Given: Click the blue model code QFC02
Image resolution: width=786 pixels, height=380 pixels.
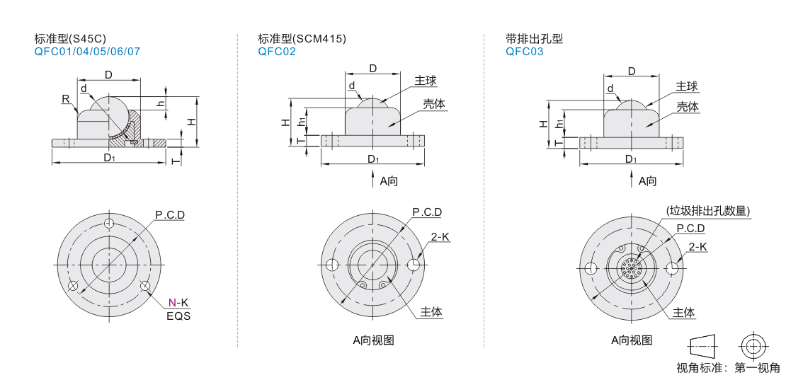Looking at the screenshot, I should (x=277, y=52).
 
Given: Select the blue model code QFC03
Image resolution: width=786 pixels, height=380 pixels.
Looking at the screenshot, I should (x=525, y=52).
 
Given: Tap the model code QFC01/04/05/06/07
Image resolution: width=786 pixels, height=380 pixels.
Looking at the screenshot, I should (x=87, y=52).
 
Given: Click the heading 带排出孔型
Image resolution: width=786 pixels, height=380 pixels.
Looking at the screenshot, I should (x=535, y=39).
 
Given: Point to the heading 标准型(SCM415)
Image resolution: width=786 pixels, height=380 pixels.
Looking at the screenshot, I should (x=302, y=39).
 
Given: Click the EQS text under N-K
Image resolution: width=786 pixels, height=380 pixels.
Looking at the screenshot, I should (x=178, y=316).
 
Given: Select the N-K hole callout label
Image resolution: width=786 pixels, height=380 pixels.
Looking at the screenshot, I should (x=178, y=303).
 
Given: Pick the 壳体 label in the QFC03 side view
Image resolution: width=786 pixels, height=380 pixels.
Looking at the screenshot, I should (x=687, y=107).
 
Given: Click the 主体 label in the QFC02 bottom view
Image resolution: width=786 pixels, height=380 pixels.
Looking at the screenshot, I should (x=431, y=312).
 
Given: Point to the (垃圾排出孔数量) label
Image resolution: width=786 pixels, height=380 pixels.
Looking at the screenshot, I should (x=708, y=210).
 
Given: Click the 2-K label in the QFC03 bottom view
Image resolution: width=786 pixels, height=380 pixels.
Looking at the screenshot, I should (x=698, y=246).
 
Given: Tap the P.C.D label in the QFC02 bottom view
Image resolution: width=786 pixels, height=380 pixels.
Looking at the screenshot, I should (x=427, y=212).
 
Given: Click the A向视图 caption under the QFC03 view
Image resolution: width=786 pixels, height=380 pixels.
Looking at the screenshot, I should (x=632, y=340).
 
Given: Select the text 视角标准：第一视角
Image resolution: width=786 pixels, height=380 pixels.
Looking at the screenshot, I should (x=728, y=367).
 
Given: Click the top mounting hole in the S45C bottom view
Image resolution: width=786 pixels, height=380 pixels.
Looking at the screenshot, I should (x=108, y=224).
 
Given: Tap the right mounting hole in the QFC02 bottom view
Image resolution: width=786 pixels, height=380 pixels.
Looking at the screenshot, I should (x=413, y=265).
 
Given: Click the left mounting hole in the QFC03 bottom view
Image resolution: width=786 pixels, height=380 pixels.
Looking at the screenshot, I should (x=588, y=268).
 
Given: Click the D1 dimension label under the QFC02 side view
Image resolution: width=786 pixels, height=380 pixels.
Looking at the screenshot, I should (x=372, y=159).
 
